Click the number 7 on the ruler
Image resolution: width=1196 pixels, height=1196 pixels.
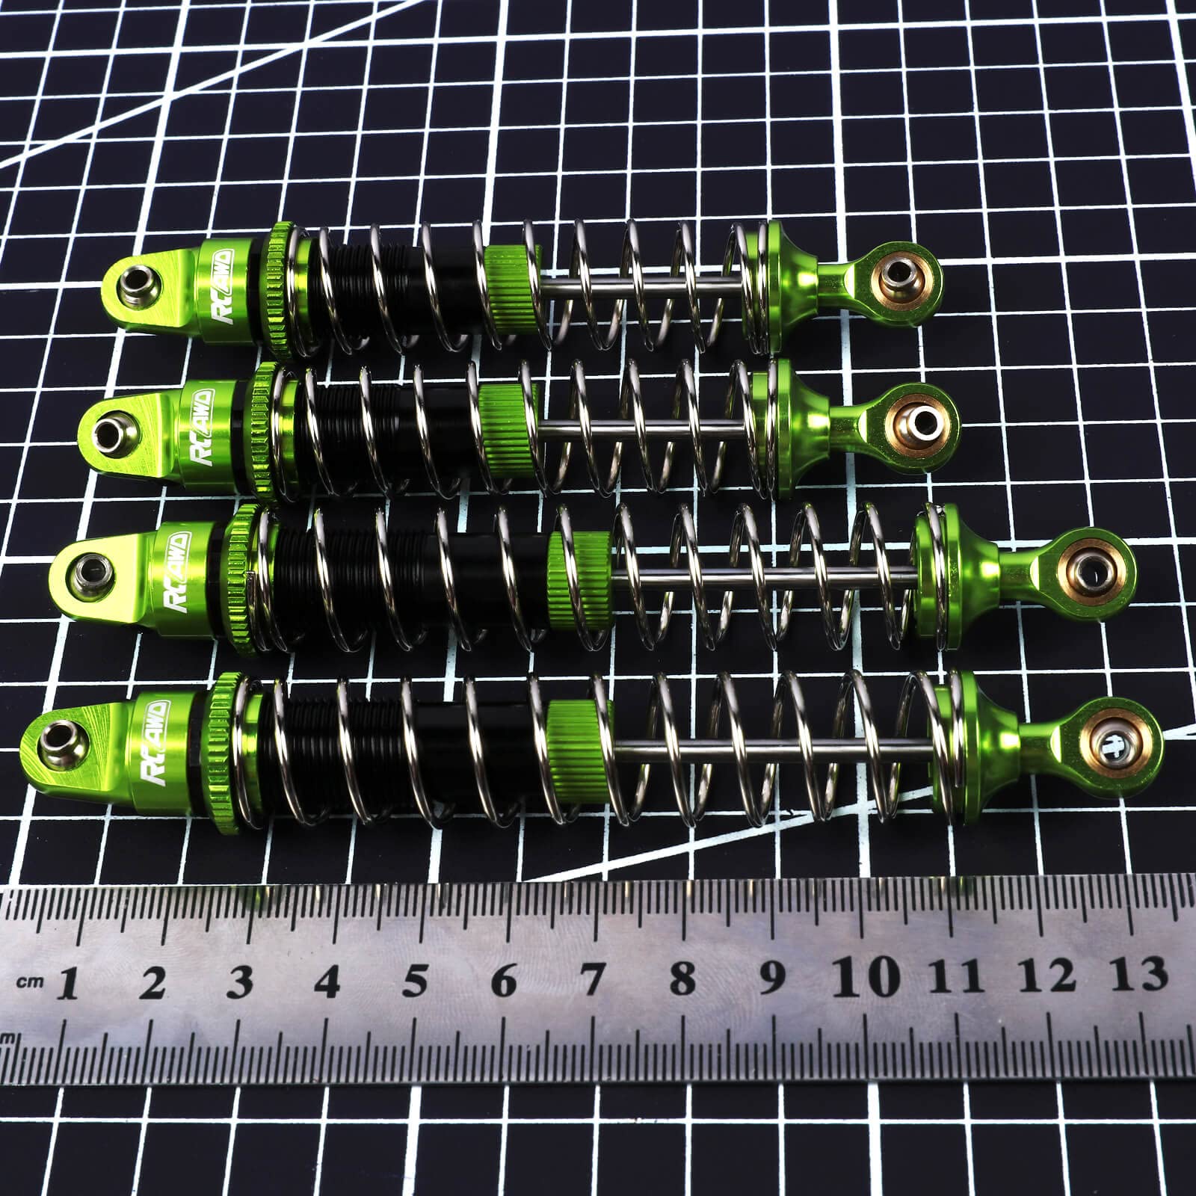(592, 979)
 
